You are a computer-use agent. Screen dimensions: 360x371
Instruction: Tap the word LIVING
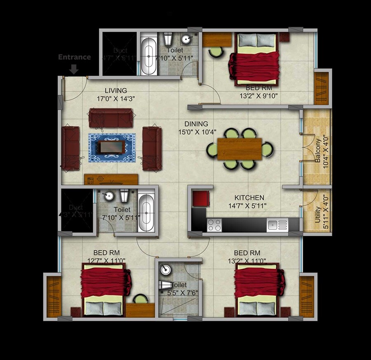[x=115, y=91]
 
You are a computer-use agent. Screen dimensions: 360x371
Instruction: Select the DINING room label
[x=196, y=124]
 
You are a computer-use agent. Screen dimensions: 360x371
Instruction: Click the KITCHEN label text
[x=249, y=198]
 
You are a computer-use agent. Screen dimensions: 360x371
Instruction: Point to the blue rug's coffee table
[x=112, y=147]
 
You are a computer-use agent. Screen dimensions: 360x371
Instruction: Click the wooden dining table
[x=240, y=149]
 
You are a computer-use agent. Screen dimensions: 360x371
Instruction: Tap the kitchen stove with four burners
[x=214, y=225]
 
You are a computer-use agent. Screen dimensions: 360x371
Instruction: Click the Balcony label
[x=318, y=151]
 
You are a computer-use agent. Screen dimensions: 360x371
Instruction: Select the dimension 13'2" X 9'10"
[x=258, y=96]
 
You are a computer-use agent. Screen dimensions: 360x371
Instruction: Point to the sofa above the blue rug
[x=111, y=118]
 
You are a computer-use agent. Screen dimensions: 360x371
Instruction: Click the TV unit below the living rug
[x=111, y=179]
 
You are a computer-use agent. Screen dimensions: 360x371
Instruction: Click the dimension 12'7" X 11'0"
[x=106, y=261]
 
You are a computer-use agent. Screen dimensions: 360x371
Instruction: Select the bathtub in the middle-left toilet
[x=146, y=213]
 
